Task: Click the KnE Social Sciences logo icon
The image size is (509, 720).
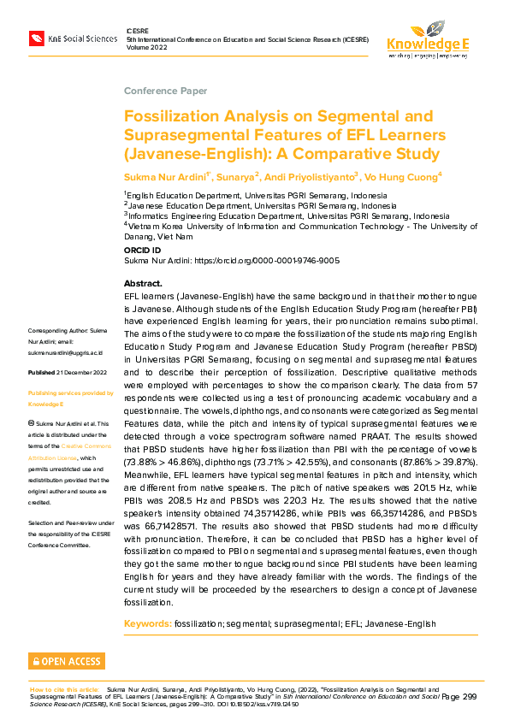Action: [36, 38]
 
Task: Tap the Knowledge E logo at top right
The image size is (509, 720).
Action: [428, 38]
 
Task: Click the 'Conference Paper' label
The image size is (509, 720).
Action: [164, 91]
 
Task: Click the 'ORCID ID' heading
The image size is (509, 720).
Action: [142, 251]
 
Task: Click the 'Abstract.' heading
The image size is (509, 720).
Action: [143, 283]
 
